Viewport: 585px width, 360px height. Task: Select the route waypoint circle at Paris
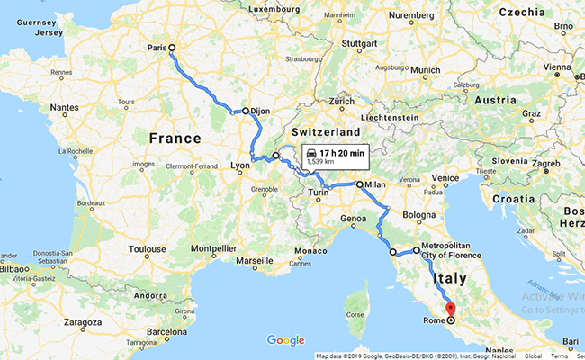(172, 49)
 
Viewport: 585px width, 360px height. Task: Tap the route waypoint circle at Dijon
(245, 111)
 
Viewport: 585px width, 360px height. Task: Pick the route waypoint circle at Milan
(360, 184)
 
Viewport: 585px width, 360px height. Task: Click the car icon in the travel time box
(311, 153)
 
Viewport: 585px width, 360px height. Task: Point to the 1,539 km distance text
(320, 163)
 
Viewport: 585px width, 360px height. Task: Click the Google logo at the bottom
(285, 340)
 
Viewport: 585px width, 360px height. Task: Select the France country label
(175, 139)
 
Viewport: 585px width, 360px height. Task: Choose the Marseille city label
(255, 261)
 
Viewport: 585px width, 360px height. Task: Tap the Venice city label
(446, 178)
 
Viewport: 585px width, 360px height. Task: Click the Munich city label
(426, 70)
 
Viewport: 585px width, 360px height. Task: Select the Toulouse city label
(147, 249)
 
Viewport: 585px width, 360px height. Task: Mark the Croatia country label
(516, 197)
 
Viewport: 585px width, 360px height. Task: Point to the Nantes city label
(65, 108)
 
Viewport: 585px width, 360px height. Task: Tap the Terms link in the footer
(560, 355)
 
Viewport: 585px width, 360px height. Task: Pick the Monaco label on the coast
(313, 250)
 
